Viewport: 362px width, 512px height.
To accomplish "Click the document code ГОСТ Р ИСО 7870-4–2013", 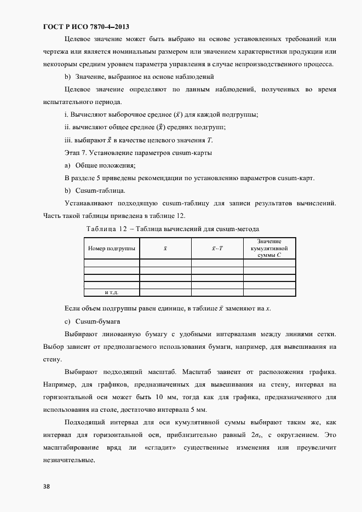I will click(86, 26).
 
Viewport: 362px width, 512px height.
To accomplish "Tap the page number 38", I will click(47, 484).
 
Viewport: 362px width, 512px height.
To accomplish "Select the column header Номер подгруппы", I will click(111, 248).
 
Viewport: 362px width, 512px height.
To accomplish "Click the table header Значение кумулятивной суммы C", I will click(269, 248).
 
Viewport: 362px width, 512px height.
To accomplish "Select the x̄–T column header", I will click(217, 248).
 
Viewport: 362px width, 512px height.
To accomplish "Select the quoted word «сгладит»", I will click(160, 447).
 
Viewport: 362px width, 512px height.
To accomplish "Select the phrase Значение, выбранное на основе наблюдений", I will click(145, 77).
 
